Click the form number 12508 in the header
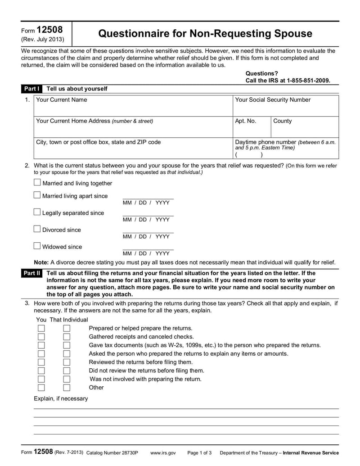[x=49, y=30]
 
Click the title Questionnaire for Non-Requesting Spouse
[x=205, y=33]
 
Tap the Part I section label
[x=32, y=89]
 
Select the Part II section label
[x=32, y=273]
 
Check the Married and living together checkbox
[x=37, y=183]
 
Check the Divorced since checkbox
[x=37, y=229]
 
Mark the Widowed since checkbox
[x=37, y=246]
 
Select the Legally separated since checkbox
[x=37, y=212]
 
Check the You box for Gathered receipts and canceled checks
[x=41, y=337]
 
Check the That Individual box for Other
[x=67, y=387]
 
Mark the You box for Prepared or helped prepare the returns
[x=41, y=328]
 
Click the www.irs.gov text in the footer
[x=163, y=453]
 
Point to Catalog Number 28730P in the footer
[x=112, y=453]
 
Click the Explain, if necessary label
[x=61, y=398]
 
